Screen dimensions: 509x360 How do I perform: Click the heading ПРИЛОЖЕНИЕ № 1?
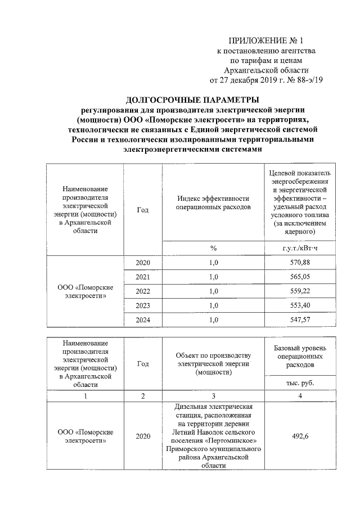coord(266,40)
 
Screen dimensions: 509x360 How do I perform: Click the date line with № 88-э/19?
coord(266,79)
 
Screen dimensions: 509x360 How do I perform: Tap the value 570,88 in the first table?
coord(299,263)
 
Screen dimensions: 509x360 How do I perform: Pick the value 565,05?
coord(299,277)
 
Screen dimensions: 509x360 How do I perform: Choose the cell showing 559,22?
coord(299,291)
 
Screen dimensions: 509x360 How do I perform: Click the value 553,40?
coord(299,305)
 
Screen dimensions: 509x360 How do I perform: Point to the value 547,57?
coord(299,319)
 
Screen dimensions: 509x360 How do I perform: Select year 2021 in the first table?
coord(143,277)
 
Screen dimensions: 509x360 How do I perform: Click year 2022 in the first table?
coord(143,291)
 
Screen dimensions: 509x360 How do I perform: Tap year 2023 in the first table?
coord(143,305)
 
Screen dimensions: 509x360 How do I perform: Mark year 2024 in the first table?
coord(143,319)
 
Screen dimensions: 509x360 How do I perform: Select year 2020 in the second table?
coord(143,436)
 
